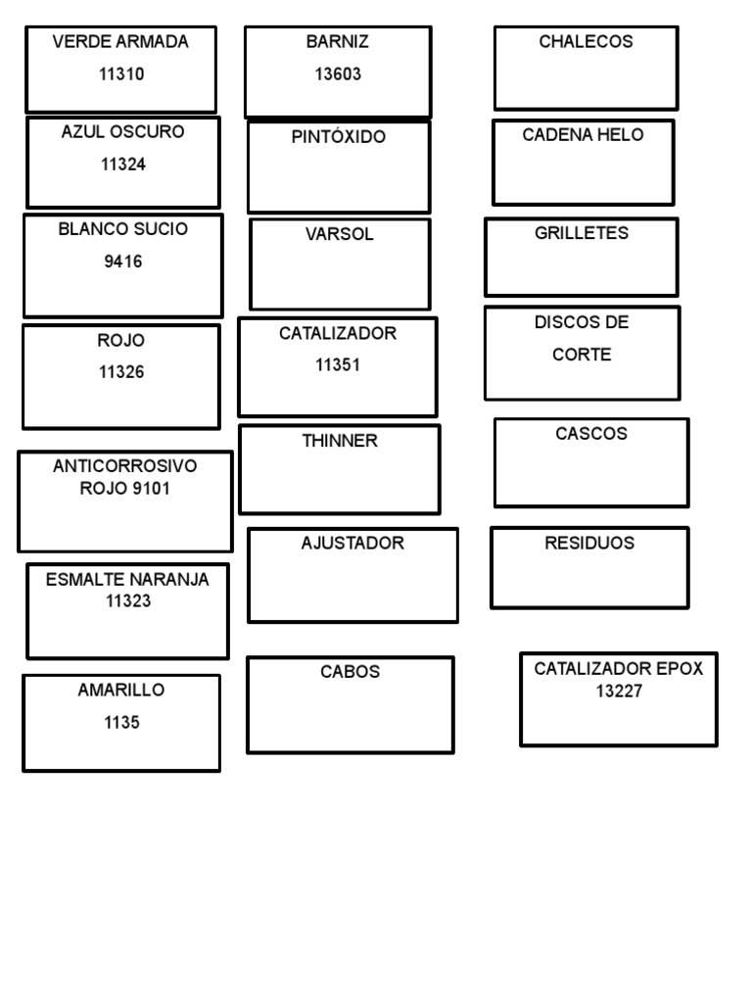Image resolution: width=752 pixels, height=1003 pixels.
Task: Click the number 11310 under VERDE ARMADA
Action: coord(121,74)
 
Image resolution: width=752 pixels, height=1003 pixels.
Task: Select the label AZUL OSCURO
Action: coord(122,132)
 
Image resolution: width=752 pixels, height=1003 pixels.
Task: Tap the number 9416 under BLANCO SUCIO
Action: coord(123,262)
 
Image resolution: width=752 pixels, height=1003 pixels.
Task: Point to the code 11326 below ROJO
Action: coord(121,372)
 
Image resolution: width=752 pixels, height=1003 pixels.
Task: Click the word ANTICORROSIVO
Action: coord(125,466)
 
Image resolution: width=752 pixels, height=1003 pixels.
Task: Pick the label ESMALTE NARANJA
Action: coord(127,580)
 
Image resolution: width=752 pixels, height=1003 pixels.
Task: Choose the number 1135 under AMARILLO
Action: coord(121,723)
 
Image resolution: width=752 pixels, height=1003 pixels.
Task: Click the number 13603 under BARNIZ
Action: coord(338,74)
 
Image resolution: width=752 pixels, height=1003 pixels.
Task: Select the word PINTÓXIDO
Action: coord(339,137)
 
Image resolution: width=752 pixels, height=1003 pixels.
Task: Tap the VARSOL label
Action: coord(340,235)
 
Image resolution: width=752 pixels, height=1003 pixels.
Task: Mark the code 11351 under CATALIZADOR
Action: coord(338,365)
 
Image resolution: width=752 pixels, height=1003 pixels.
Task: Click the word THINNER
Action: coord(340,441)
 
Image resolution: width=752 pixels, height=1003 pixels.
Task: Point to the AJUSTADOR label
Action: coord(352,543)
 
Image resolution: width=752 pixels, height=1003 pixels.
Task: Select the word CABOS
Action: coord(351,672)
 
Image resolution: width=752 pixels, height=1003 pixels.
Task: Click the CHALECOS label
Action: coord(586,42)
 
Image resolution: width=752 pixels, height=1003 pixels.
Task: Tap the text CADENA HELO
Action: coord(583,135)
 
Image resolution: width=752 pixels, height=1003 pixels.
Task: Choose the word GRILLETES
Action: coord(582,233)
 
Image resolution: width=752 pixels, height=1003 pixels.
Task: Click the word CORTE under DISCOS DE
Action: coord(582,355)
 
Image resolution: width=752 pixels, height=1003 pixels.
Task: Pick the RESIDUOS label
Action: coord(589,543)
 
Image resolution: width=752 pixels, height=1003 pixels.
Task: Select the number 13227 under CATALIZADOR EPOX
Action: coord(619,692)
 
